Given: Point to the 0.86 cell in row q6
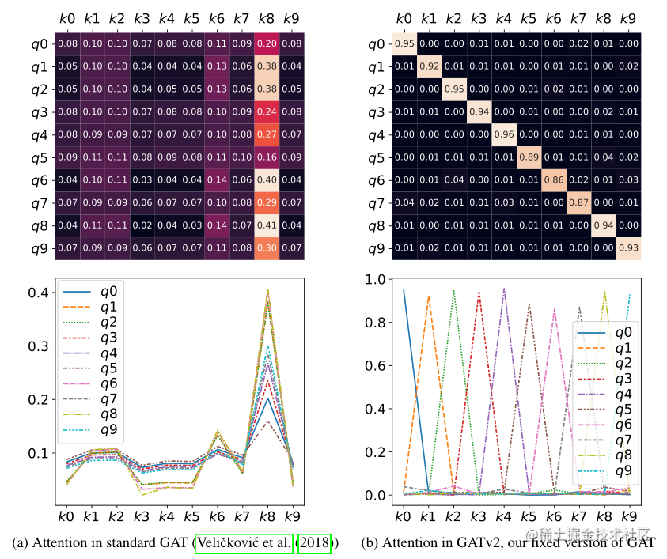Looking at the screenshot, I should click(x=553, y=180).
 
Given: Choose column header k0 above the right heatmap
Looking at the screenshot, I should click(x=404, y=17).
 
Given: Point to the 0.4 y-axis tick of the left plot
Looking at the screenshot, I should click(x=36, y=293).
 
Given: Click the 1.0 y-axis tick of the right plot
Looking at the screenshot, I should click(x=377, y=280).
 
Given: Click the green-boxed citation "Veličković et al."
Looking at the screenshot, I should click(x=244, y=543).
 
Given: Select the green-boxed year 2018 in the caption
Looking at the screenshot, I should click(x=314, y=543).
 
